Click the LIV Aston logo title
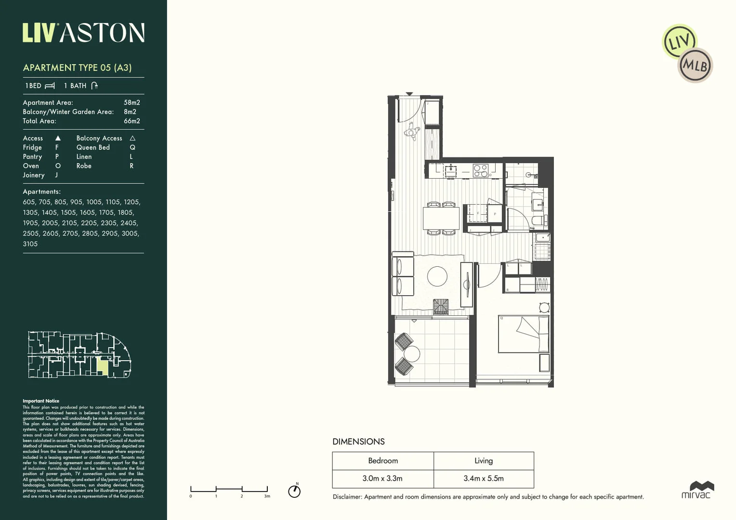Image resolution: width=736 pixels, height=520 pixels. click(x=83, y=33)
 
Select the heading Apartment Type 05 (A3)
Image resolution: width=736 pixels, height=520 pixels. click(x=77, y=68)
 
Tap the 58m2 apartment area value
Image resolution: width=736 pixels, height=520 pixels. click(x=131, y=103)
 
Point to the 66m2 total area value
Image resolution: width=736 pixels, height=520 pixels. click(x=131, y=121)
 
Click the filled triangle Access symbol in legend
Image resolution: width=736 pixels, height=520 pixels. click(x=58, y=138)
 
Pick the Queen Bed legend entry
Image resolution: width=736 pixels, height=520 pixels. click(x=93, y=147)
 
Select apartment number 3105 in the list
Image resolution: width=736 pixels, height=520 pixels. click(x=30, y=244)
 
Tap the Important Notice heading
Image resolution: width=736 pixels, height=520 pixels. click(x=41, y=401)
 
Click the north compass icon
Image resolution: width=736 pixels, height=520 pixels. click(x=294, y=491)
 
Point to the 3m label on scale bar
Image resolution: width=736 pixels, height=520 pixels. click(x=267, y=496)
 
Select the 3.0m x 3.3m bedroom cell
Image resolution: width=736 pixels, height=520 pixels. click(x=382, y=478)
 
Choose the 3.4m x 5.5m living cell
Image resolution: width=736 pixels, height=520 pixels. click(x=484, y=478)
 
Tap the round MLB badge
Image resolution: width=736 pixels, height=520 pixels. click(x=695, y=65)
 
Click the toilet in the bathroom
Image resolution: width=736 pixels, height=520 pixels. click(x=539, y=221)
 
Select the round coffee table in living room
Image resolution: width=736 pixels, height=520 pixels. click(x=437, y=276)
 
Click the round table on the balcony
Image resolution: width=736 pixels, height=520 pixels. click(x=412, y=354)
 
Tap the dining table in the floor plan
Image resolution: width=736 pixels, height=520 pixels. click(x=441, y=218)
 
